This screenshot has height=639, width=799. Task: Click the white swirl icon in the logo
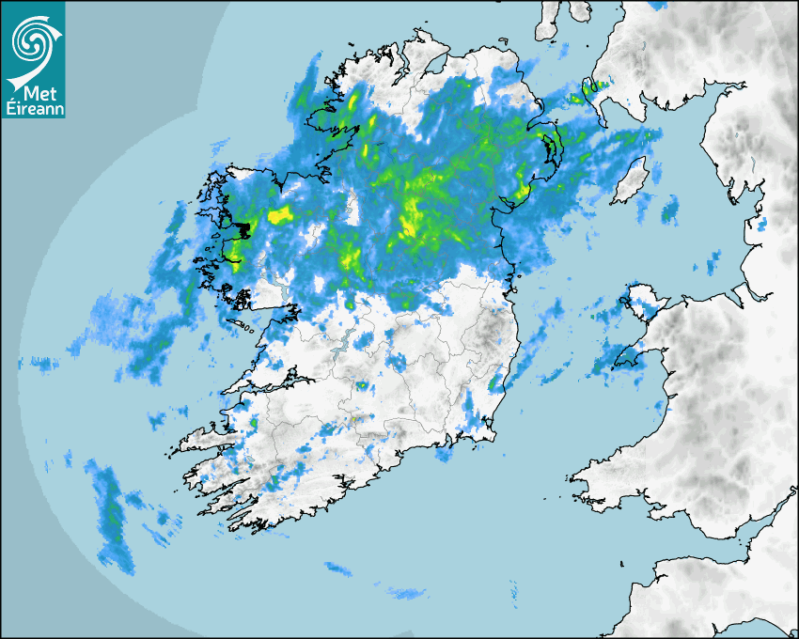coord(33,42)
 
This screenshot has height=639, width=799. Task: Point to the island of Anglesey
coord(642,301)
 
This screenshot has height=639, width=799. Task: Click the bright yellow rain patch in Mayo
coord(280,216)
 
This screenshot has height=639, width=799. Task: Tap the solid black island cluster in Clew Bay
coord(246,228)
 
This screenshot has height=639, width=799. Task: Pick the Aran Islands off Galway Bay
coord(246,328)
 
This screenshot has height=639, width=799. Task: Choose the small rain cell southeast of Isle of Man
coord(670,210)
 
